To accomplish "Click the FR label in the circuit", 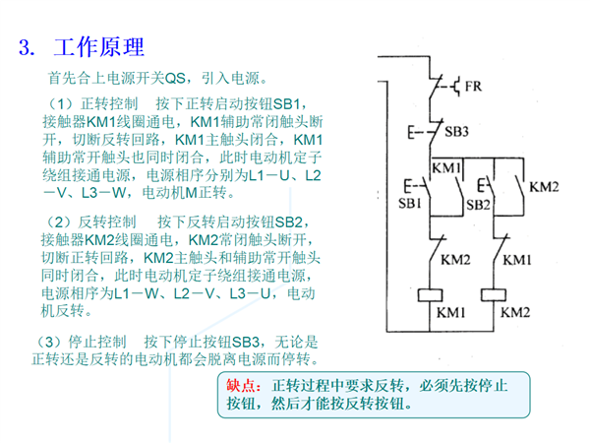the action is point(473,87).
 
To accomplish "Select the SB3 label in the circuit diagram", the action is point(456,132).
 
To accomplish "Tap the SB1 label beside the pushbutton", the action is point(410,204).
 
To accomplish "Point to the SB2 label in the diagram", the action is point(478,205).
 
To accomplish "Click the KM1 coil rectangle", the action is point(430,295).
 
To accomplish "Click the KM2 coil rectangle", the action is point(494,295).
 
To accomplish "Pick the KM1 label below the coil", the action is point(450,313).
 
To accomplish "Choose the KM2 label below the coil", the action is point(515,313).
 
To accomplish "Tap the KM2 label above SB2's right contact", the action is point(544,187).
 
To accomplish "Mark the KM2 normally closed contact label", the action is point(455,260).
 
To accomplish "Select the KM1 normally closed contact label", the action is point(517,260).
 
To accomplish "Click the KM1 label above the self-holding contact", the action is point(446,168).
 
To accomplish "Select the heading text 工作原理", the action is point(99,47).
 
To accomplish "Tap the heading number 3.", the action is point(28,48).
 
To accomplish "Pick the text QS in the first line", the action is point(175,79).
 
